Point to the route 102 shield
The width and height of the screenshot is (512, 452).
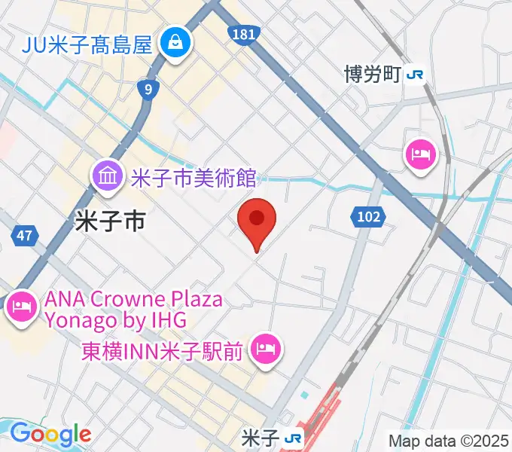coord(368,217)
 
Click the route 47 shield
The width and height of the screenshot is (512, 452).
coord(24,236)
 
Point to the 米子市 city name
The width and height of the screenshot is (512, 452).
coord(110,220)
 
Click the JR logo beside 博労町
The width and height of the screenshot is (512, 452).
coord(414,75)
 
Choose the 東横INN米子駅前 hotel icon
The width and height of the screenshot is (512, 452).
coord(265,348)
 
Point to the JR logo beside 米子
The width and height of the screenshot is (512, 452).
coord(294,438)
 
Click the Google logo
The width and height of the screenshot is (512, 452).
coord(50,435)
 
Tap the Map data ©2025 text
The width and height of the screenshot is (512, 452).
coord(449,440)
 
